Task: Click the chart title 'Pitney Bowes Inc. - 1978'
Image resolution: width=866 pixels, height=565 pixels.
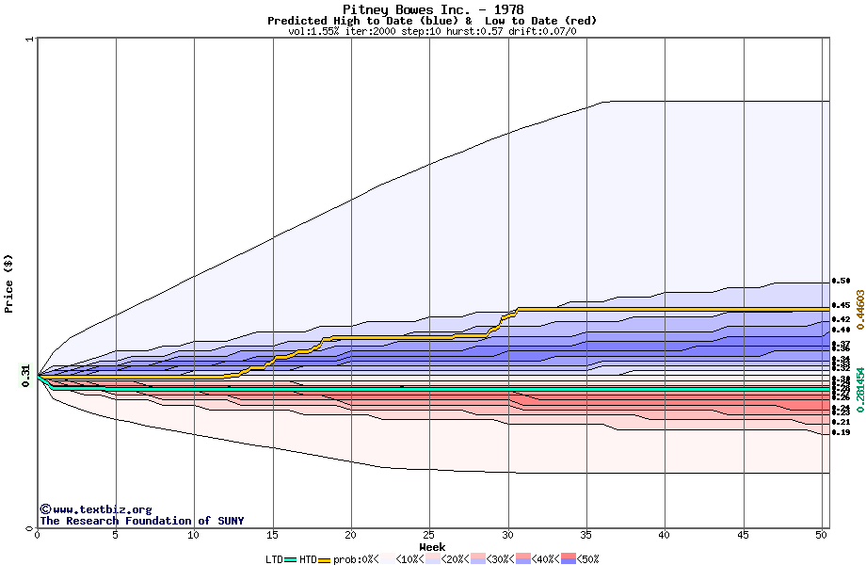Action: coord(432,9)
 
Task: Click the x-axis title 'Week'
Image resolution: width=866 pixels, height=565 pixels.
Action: coord(432,546)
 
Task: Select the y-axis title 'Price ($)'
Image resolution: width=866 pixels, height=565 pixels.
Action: coord(9,283)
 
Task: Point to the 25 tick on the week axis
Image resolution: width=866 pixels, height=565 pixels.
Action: coord(429,535)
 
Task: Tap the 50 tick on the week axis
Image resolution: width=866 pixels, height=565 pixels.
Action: coord(821,535)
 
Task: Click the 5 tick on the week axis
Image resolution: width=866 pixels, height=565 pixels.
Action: coord(115,535)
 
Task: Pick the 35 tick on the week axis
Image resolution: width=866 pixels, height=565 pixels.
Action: coord(585,535)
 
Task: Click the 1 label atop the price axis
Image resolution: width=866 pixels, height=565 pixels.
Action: coord(30,39)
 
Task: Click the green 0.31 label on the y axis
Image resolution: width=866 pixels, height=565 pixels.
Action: coord(25,375)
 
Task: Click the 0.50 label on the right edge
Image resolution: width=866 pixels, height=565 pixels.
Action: coord(841,281)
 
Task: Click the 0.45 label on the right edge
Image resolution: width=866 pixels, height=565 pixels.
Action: coord(841,305)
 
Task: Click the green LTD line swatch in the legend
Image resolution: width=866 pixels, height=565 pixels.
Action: coord(291,559)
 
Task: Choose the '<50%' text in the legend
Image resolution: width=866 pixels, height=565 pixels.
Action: coord(588,559)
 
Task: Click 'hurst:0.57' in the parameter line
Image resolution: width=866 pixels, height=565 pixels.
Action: coord(476,31)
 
